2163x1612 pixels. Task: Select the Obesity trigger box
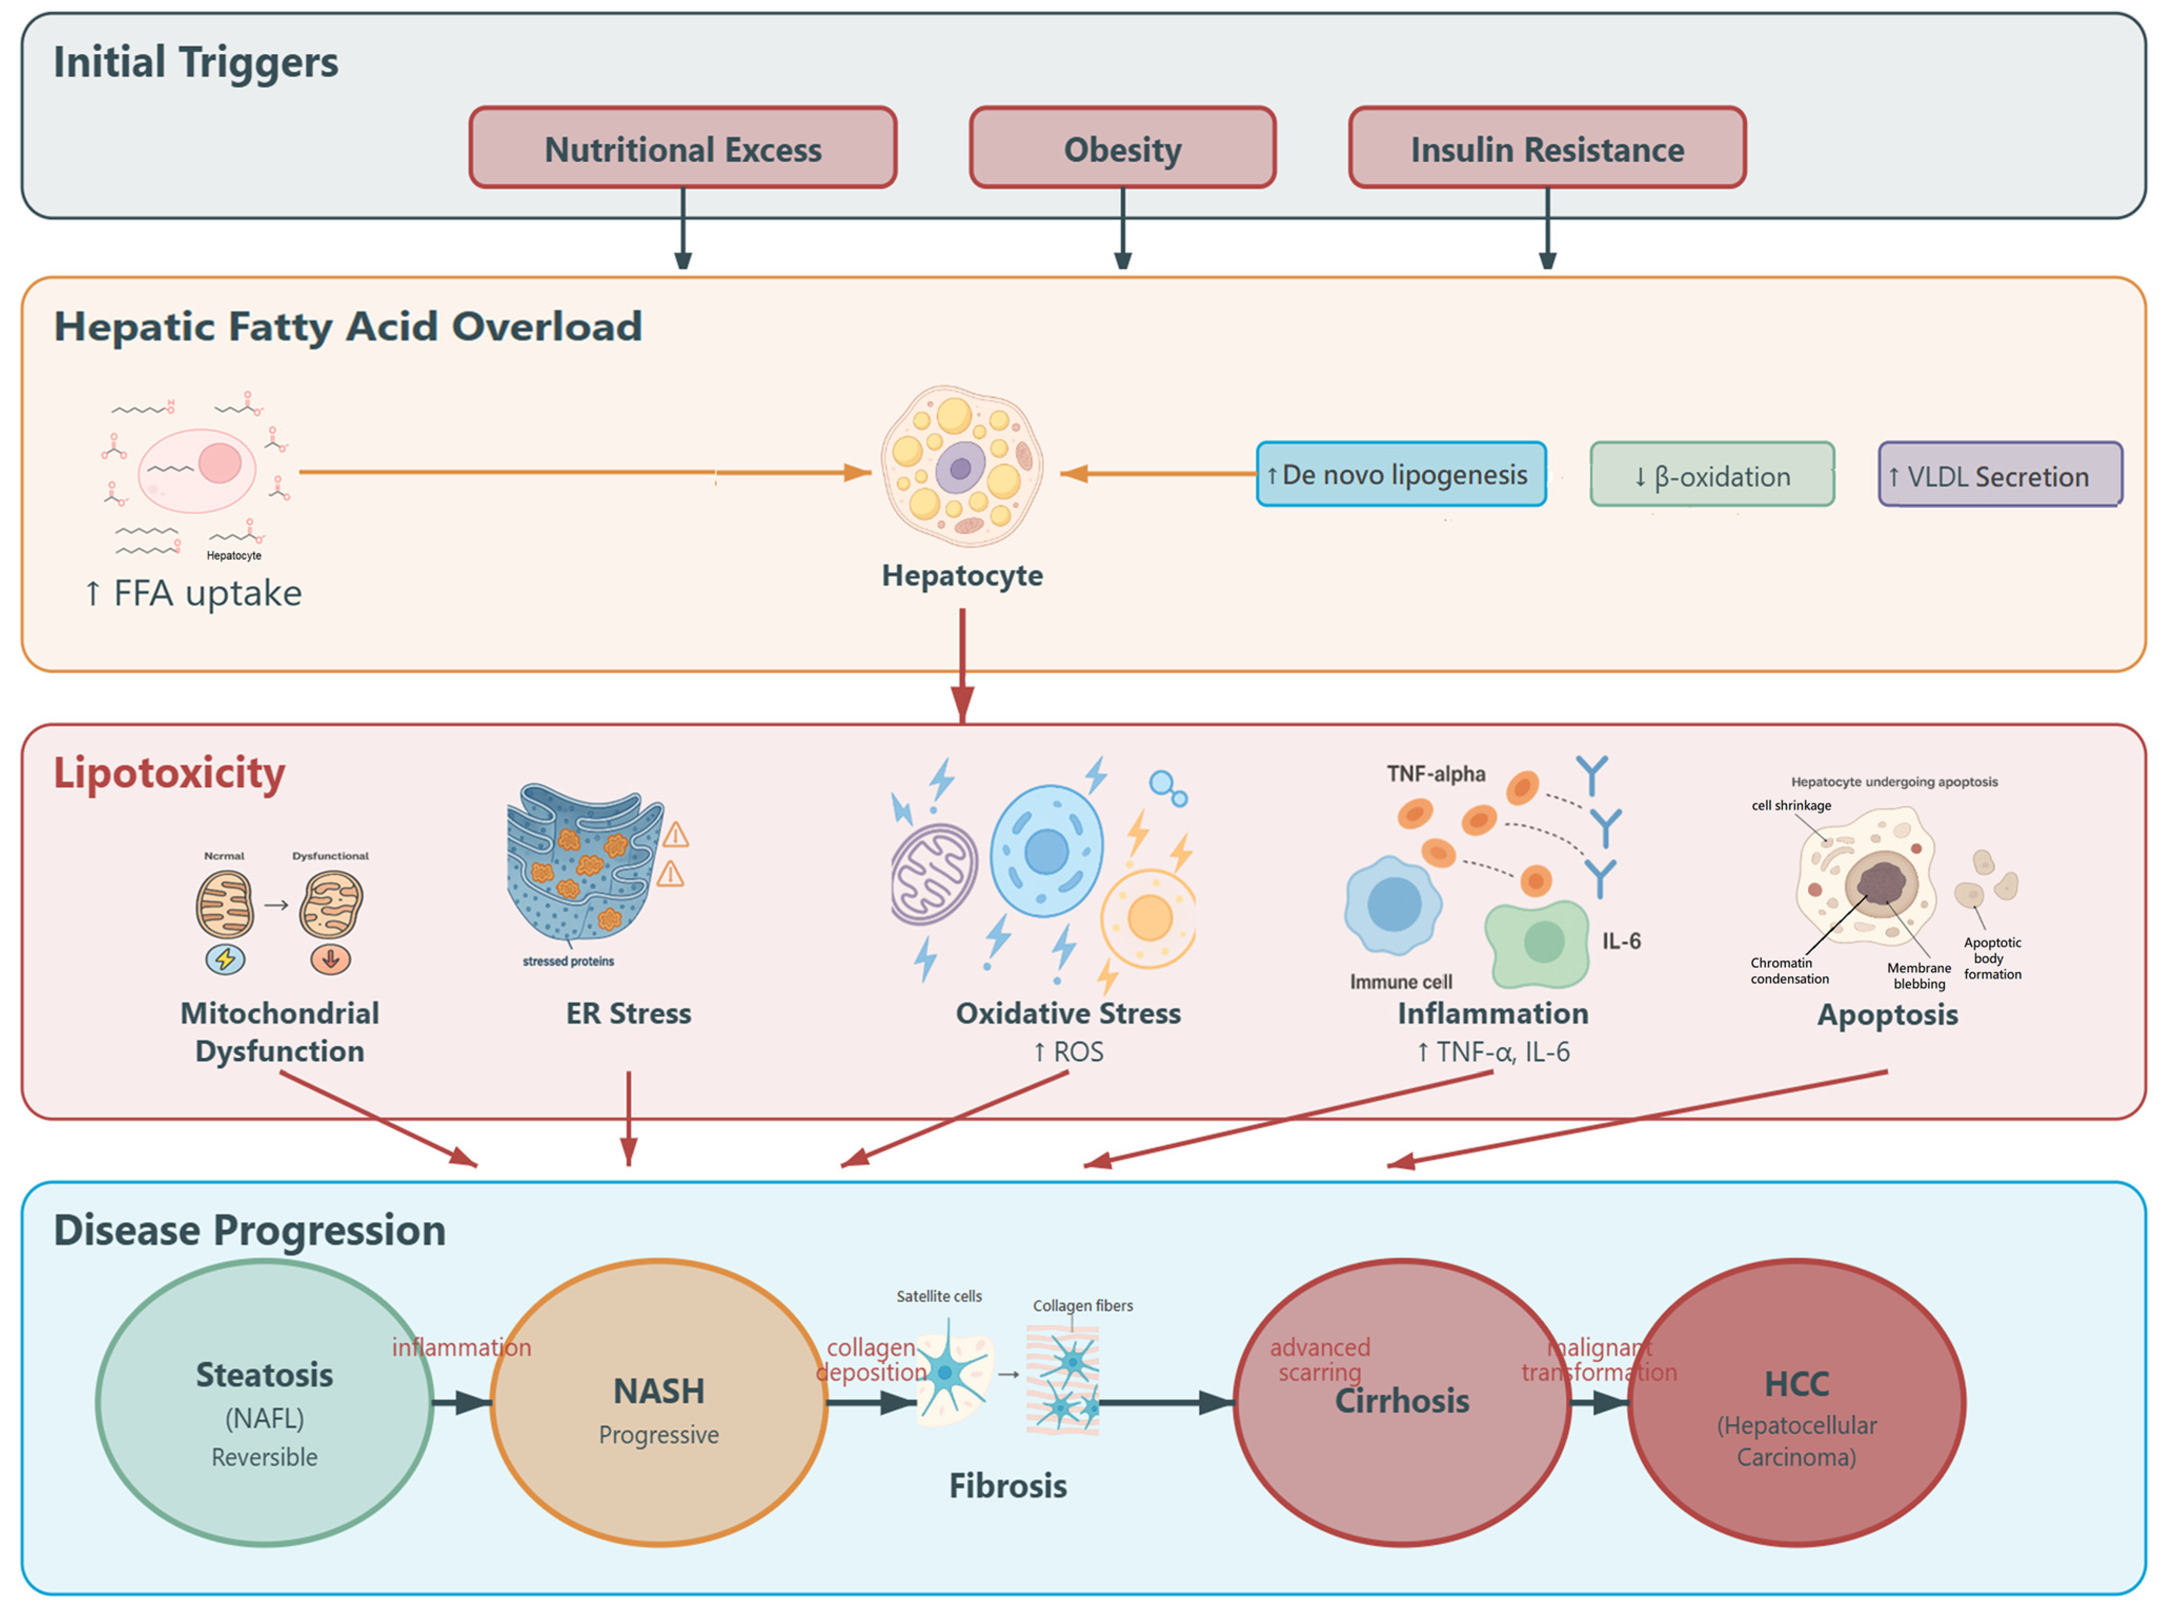[x=1122, y=148]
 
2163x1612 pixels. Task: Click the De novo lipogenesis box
[x=1400, y=474]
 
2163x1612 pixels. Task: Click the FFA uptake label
[x=193, y=593]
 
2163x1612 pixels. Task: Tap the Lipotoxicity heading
[x=169, y=773]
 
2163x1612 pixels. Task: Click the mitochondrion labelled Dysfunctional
[x=331, y=904]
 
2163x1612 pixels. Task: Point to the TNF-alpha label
[x=1436, y=774]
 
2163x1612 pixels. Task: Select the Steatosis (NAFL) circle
[x=265, y=1402]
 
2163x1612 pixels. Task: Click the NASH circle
[x=659, y=1402]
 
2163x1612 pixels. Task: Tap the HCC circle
[x=1796, y=1402]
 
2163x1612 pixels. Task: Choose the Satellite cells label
[x=939, y=1296]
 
